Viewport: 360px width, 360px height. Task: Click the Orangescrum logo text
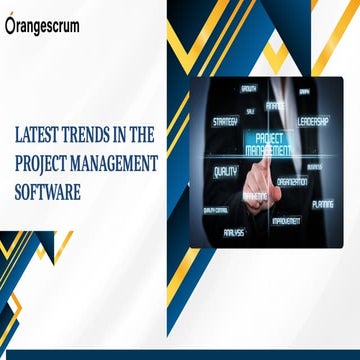pyautogui.click(x=44, y=27)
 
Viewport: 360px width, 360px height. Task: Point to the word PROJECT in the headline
pyautogui.click(x=44, y=160)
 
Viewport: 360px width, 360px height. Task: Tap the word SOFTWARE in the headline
pyautogui.click(x=47, y=187)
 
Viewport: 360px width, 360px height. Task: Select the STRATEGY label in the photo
pyautogui.click(x=225, y=121)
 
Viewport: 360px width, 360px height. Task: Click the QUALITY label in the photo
pyautogui.click(x=225, y=171)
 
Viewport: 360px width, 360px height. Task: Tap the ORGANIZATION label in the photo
pyautogui.click(x=292, y=182)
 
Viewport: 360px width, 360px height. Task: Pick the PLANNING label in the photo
pyautogui.click(x=322, y=203)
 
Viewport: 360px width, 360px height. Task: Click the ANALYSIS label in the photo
pyautogui.click(x=234, y=232)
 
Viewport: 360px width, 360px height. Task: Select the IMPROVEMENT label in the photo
pyautogui.click(x=287, y=220)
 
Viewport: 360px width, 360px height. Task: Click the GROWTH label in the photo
pyautogui.click(x=249, y=88)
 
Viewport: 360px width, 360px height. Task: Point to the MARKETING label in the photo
pyautogui.click(x=255, y=196)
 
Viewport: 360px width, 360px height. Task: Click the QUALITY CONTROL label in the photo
pyautogui.click(x=215, y=210)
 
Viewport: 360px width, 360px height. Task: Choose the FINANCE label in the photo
pyautogui.click(x=276, y=105)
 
